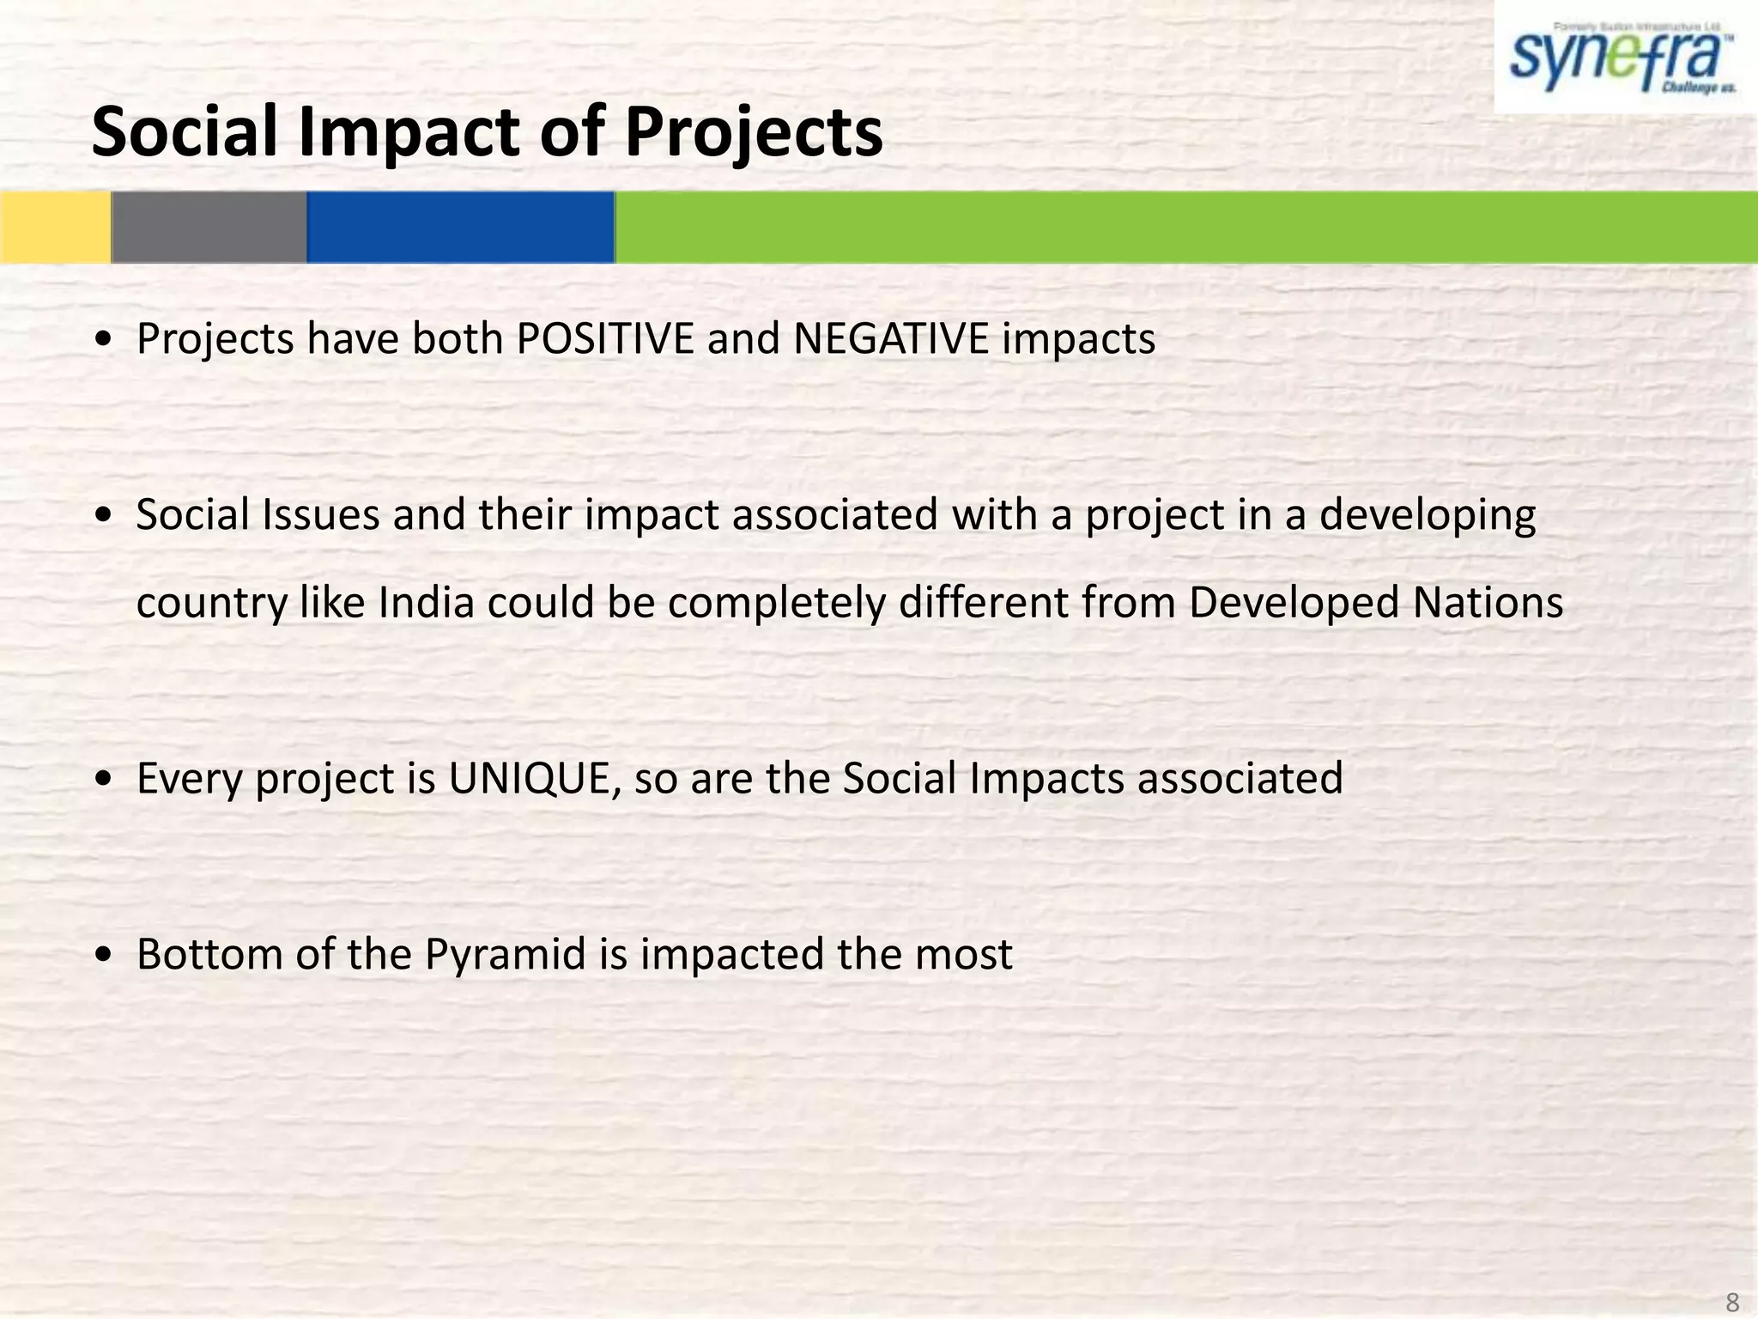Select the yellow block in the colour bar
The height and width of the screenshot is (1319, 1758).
tap(55, 227)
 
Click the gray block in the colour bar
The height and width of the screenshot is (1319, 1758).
tap(209, 227)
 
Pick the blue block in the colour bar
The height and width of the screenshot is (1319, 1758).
tap(460, 227)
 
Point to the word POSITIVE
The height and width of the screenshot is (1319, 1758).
tap(604, 338)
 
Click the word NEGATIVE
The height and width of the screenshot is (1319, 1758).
tap(890, 338)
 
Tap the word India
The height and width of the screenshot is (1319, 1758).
tap(426, 602)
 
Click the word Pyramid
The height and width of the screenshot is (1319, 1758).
tap(505, 954)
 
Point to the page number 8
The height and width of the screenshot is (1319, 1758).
tap(1732, 1301)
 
